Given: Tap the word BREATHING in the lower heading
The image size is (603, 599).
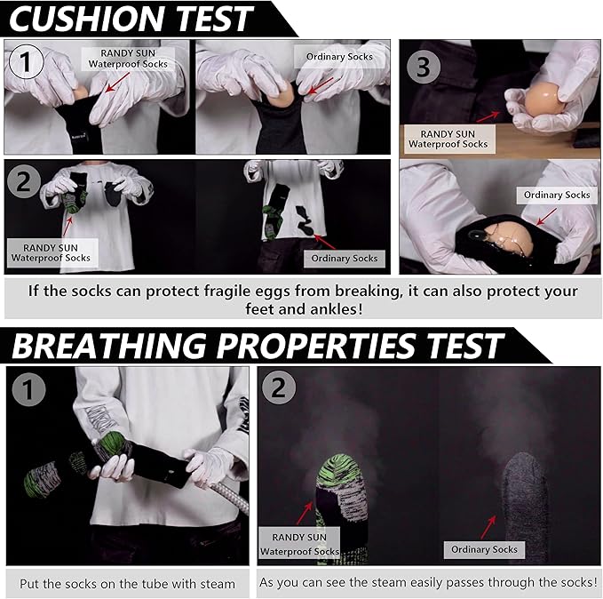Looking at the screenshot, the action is (x=109, y=346).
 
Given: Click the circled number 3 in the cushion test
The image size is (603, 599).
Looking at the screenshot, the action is (x=423, y=67).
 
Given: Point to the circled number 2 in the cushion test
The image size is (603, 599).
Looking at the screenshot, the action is (x=23, y=181).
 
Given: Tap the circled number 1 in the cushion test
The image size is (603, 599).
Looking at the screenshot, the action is (x=26, y=61).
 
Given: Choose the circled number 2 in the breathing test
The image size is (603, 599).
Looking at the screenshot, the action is (x=279, y=387).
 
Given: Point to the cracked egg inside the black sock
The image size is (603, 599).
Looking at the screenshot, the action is (x=508, y=239).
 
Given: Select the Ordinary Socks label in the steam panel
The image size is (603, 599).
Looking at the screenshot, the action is (x=484, y=549).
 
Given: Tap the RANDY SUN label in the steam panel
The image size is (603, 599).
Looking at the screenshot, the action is (x=299, y=544).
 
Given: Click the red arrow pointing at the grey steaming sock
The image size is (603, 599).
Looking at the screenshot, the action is (x=488, y=527).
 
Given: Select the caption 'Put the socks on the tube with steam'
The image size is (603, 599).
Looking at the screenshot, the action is (x=127, y=584).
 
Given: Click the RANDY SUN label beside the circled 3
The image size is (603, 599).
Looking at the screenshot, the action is (x=448, y=139).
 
